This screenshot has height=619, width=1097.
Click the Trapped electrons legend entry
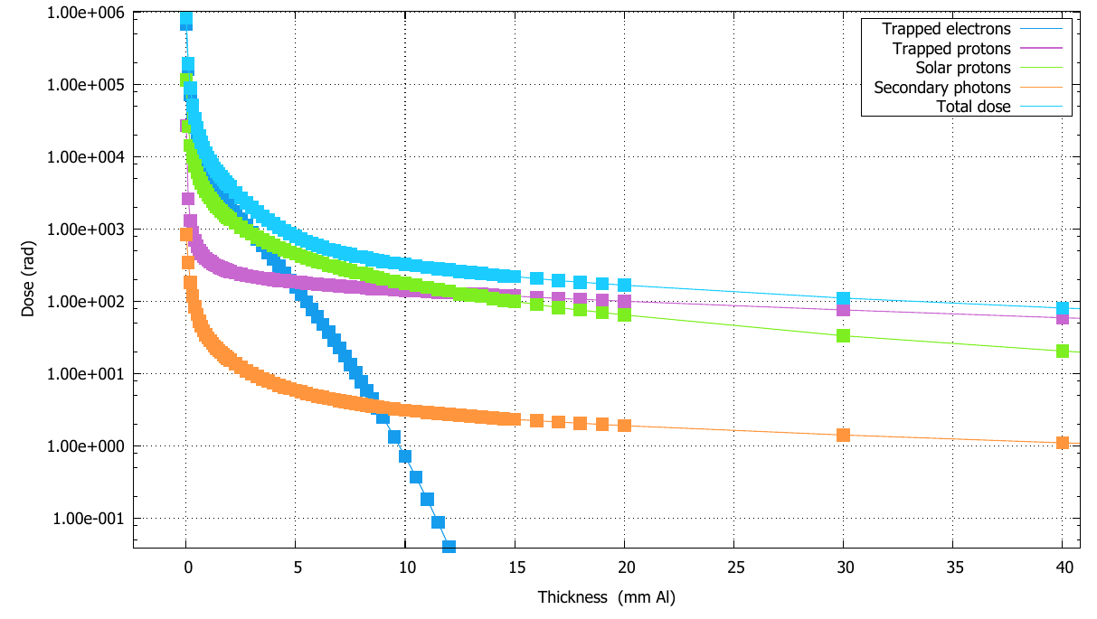[x=947, y=29]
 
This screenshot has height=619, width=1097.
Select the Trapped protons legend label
[x=951, y=49]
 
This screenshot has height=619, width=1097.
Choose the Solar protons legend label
[x=963, y=68]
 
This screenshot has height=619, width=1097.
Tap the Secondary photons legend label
[x=942, y=88]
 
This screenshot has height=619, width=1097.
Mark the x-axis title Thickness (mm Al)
[x=607, y=597]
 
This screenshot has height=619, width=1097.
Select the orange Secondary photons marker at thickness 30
[x=844, y=435]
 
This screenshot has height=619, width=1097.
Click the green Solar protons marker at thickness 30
[x=844, y=335]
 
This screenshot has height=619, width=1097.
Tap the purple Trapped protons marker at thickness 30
[x=844, y=310]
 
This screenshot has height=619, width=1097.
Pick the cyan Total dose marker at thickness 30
[x=844, y=298]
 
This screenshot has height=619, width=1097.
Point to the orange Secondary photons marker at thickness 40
[x=1063, y=443]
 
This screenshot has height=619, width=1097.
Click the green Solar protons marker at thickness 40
[x=1063, y=351]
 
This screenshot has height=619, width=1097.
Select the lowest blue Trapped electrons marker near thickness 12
[x=449, y=546]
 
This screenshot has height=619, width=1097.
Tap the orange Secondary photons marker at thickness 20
[x=624, y=425]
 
